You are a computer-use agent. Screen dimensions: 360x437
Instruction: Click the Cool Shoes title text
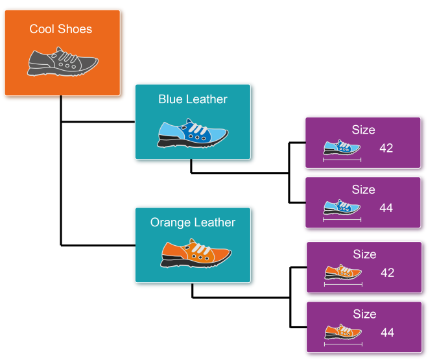pos(61,29)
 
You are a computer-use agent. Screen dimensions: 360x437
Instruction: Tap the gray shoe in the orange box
pos(62,62)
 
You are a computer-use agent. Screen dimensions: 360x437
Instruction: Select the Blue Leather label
pos(193,99)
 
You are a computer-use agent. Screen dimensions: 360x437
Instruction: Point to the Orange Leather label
pos(193,222)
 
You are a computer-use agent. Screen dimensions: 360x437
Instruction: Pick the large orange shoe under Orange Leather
pos(195,254)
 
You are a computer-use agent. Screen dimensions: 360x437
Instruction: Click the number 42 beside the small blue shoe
pos(386,149)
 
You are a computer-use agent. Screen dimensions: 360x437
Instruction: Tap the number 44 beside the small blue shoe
pos(386,208)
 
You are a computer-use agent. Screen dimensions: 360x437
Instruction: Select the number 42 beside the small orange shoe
pos(387,273)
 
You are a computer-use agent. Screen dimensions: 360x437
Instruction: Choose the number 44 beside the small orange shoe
pos(387,333)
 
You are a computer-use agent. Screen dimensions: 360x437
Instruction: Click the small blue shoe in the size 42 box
pos(341,149)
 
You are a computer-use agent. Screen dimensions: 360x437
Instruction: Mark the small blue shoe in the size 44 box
pos(341,208)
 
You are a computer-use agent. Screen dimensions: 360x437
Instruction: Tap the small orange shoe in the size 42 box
pos(342,272)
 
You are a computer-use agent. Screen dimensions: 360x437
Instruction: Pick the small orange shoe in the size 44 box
pos(342,332)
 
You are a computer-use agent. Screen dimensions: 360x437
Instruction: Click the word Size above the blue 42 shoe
pos(363,130)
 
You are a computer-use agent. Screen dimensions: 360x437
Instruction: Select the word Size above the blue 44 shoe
pos(363,189)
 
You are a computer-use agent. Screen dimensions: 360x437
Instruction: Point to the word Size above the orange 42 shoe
pos(364,254)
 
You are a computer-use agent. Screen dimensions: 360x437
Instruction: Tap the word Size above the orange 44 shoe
pos(364,314)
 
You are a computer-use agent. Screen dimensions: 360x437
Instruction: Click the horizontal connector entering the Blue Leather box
pos(97,121)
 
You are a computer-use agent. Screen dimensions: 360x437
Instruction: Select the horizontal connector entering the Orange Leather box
pos(97,245)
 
